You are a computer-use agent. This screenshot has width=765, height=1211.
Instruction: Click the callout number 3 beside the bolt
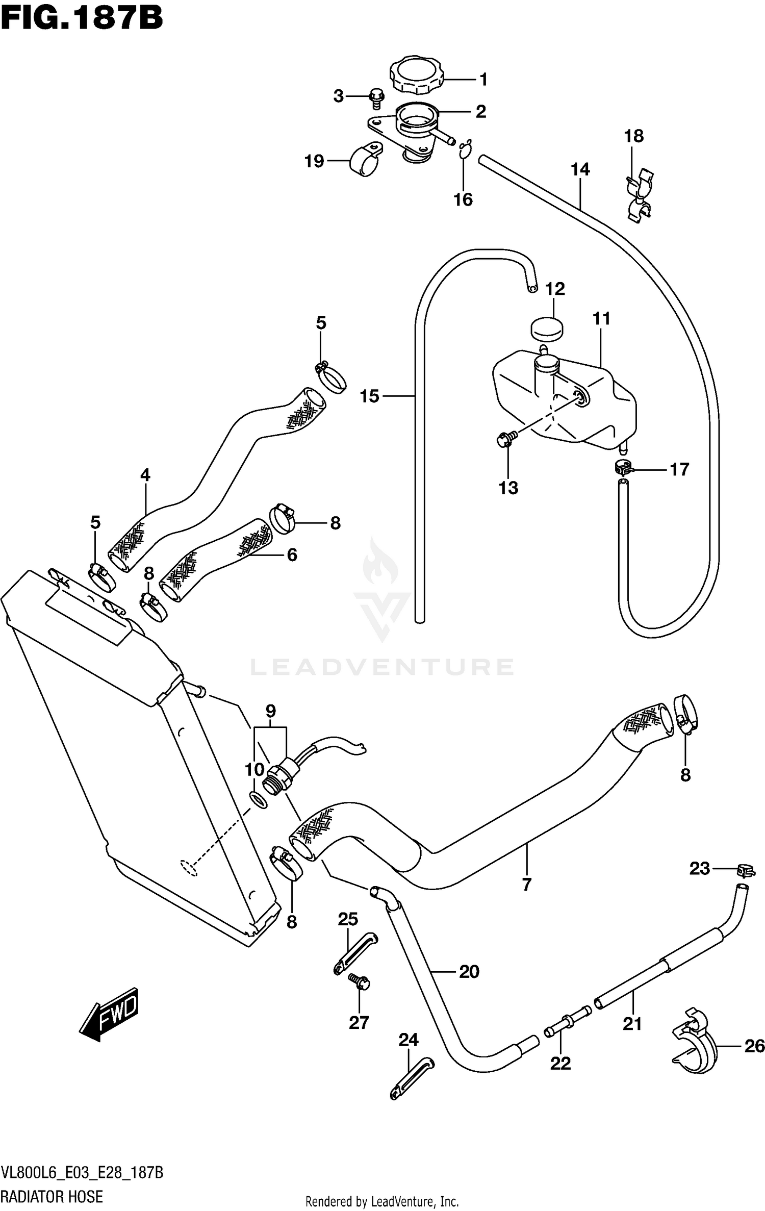click(x=339, y=96)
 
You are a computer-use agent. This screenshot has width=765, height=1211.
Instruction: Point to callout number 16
click(x=463, y=199)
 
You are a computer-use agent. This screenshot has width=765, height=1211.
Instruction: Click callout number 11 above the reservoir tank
click(x=602, y=319)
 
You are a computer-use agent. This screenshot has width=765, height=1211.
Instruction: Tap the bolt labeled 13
click(x=505, y=438)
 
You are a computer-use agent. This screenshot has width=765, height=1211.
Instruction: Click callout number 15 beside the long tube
click(x=370, y=396)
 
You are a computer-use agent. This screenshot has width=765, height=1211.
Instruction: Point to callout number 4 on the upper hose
click(x=145, y=475)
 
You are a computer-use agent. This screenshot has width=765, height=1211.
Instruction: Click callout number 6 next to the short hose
click(x=292, y=554)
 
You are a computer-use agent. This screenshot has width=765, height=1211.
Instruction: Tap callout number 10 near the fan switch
click(x=254, y=770)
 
